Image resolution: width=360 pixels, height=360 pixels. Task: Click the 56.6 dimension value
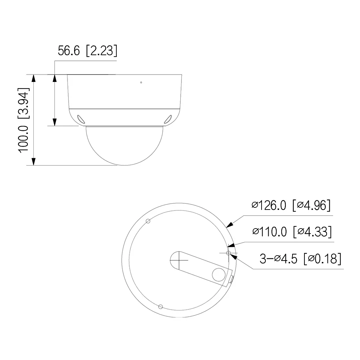(x=70, y=51)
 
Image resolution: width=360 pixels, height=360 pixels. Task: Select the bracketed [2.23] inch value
(x=101, y=51)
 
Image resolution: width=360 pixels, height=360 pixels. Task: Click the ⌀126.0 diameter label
(x=269, y=205)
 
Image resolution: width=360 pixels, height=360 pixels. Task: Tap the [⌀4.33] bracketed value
(x=312, y=232)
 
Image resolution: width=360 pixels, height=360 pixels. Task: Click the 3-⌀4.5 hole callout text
(x=279, y=259)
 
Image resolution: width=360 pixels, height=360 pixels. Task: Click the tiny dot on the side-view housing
(x=141, y=83)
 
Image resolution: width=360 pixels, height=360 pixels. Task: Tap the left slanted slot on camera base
(x=81, y=119)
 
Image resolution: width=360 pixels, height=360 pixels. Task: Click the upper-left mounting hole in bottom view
(x=148, y=221)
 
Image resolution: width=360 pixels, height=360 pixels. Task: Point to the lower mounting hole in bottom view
(x=160, y=307)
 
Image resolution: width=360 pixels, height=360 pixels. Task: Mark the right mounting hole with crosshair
(x=229, y=253)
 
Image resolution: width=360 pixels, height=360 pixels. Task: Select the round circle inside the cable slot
(x=219, y=274)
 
